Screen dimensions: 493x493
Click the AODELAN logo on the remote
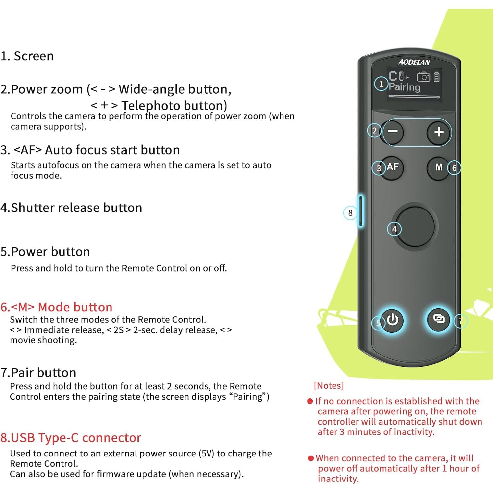tap(414, 62)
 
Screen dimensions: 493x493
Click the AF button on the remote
tap(392, 167)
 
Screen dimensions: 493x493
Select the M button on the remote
tap(438, 167)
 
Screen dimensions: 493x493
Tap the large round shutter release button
tap(415, 226)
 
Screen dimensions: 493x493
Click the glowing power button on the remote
tap(393, 319)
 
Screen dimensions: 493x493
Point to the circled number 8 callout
tap(350, 213)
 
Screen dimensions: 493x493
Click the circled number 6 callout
tap(454, 168)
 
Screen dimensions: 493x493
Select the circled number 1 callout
tap(381, 84)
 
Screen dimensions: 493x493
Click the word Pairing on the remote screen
tap(405, 87)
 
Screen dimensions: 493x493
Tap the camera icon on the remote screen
tap(423, 77)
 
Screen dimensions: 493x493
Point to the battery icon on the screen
tap(436, 77)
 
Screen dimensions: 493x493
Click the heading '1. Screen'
tap(27, 56)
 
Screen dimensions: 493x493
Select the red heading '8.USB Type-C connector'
tap(71, 438)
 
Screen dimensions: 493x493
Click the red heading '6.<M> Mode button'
tap(56, 307)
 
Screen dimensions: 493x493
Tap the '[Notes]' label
tap(329, 385)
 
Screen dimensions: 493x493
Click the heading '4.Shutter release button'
tap(71, 208)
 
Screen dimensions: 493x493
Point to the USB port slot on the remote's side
tap(361, 211)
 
